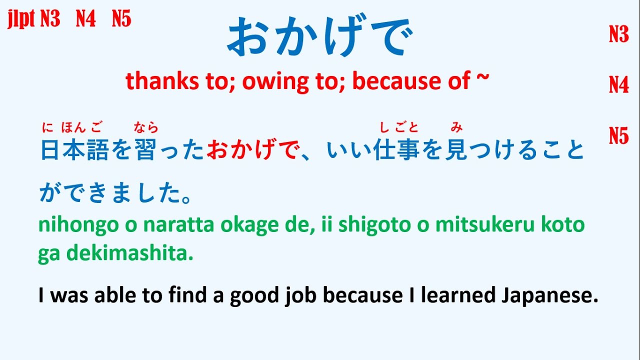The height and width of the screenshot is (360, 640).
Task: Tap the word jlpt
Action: (21, 19)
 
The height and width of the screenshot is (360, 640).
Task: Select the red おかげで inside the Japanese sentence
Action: (252, 150)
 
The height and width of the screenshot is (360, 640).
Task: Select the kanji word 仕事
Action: (396, 150)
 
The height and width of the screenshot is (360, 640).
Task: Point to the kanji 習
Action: (146, 150)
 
